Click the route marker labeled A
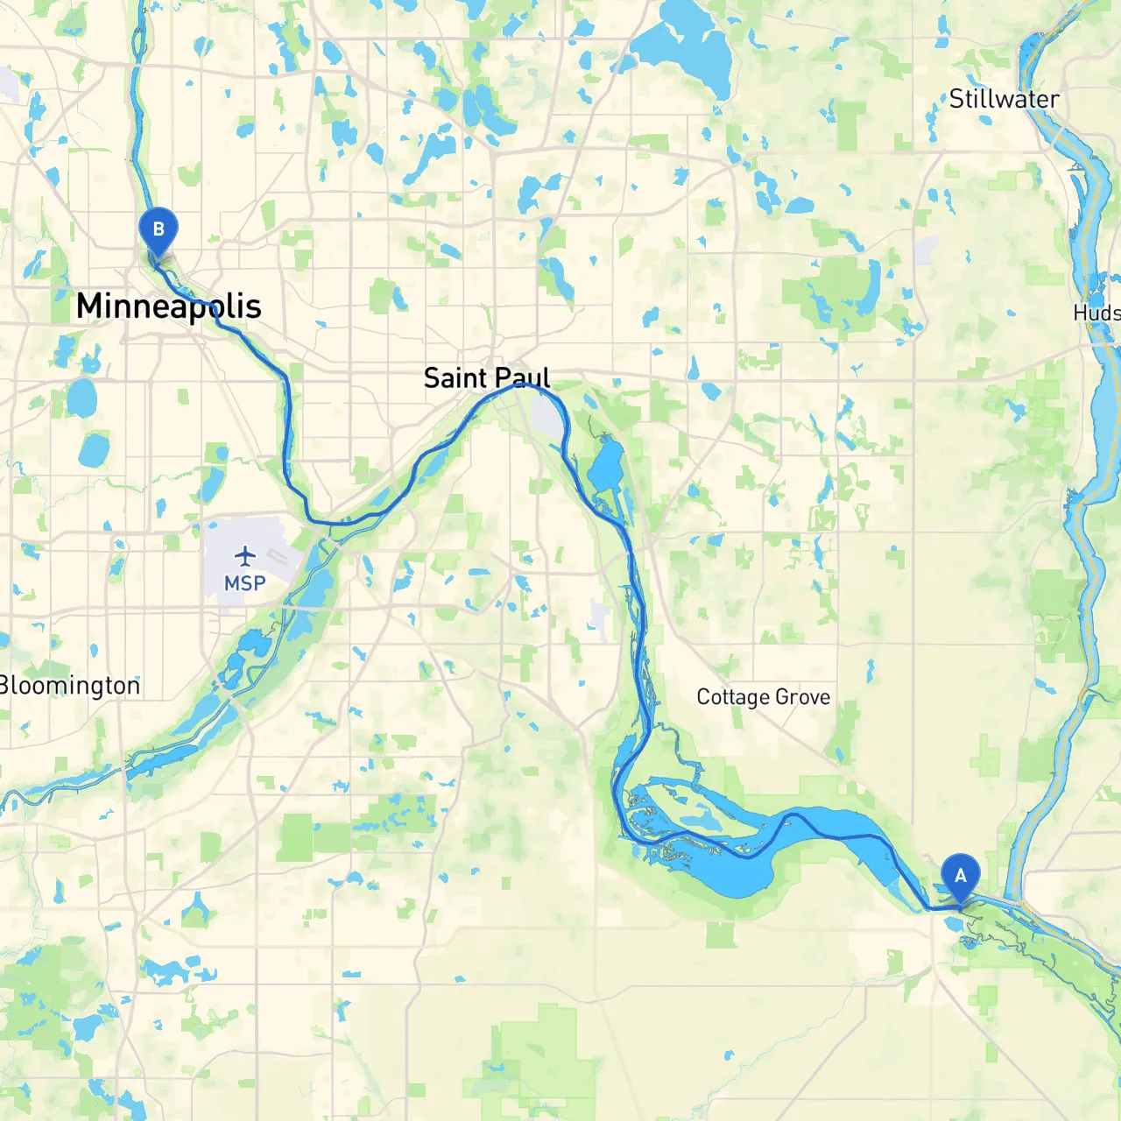961,876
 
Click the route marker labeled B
159,230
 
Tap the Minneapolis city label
168,307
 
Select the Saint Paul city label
487,378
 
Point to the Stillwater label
1004,99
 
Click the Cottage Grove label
763,697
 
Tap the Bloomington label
70,686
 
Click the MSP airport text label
244,584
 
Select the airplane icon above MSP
245,556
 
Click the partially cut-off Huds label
1098,313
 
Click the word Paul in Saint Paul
524,378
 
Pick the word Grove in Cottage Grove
803,697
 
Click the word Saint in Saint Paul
455,378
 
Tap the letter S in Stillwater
956,100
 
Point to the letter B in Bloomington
5,686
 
